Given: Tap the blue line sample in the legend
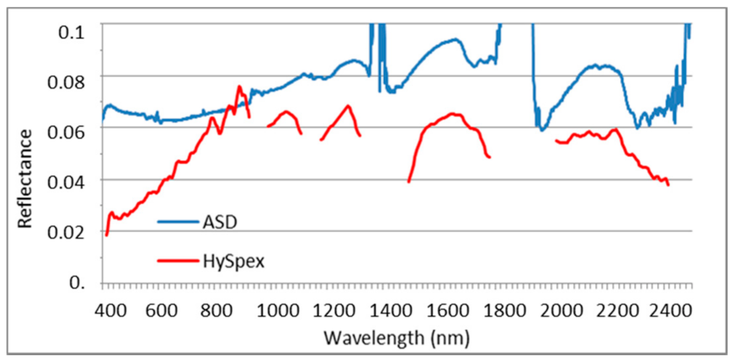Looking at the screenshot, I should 178,223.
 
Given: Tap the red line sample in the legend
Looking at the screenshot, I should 178,262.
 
